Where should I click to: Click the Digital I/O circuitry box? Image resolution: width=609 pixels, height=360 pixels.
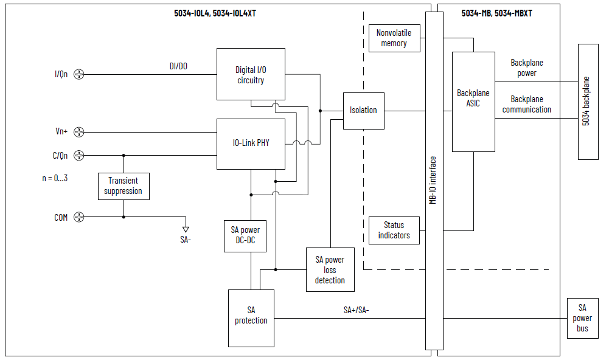[251, 74]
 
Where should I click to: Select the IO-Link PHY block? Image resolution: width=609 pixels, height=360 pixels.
[251, 144]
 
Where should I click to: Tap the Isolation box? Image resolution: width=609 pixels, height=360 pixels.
[363, 110]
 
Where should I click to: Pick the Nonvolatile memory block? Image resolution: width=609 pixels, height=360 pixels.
[394, 38]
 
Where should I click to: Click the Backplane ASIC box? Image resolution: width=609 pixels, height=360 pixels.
[473, 101]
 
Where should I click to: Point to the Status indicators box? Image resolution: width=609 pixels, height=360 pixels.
[394, 230]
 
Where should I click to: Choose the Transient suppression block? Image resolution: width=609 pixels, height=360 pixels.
[124, 186]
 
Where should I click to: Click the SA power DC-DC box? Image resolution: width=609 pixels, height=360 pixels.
[245, 235]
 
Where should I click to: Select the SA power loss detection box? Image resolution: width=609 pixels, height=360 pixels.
[330, 270]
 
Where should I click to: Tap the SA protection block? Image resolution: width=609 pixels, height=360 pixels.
[251, 316]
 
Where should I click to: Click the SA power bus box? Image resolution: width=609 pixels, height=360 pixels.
[582, 318]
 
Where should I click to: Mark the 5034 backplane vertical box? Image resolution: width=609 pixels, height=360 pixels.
[588, 102]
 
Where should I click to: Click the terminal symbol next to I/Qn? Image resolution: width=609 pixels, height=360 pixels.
[78, 75]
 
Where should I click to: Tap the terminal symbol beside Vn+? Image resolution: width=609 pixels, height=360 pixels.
[78, 132]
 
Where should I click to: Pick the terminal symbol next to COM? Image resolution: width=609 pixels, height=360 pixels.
[78, 217]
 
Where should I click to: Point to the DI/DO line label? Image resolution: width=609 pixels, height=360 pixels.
[178, 66]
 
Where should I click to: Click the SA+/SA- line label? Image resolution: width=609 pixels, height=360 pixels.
[356, 310]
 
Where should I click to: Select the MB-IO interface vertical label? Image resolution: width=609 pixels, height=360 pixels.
[433, 180]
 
